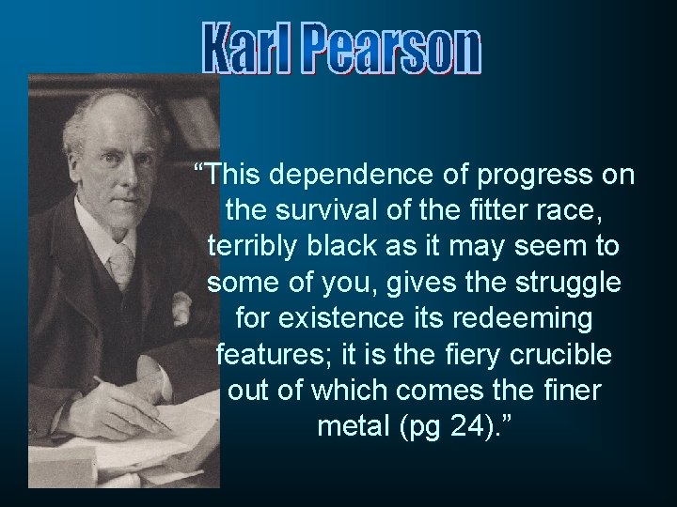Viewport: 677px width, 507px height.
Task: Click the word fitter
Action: pyautogui.click(x=497, y=211)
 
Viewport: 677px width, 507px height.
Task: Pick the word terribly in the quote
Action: pyautogui.click(x=252, y=247)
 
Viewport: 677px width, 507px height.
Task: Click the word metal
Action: pyautogui.click(x=353, y=427)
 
